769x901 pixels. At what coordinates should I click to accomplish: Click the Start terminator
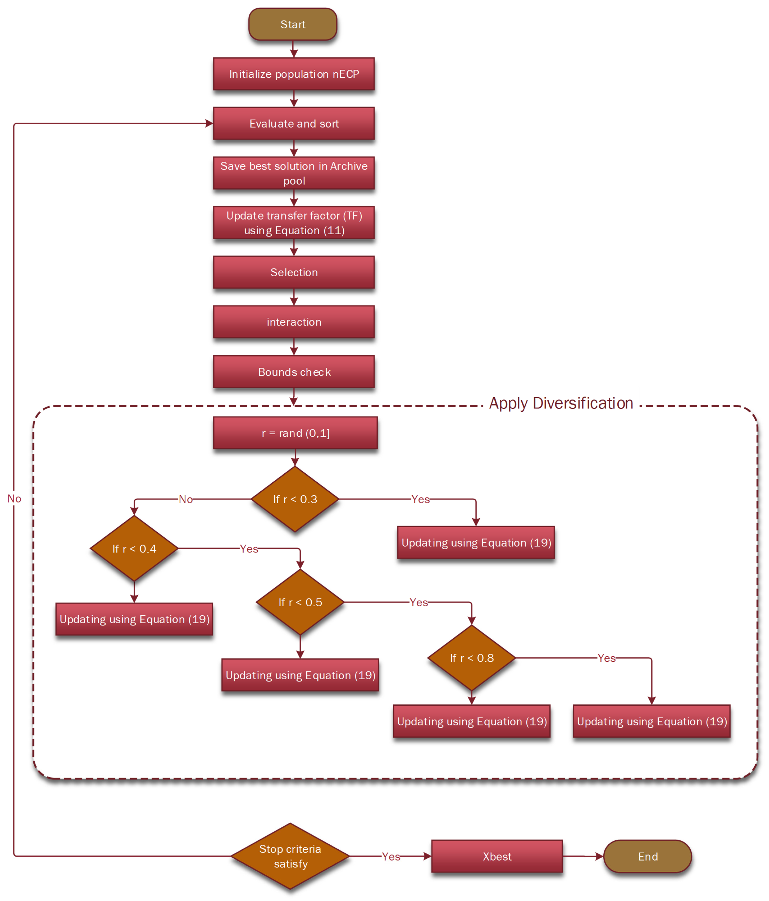point(293,24)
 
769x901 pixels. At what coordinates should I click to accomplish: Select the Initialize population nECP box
point(294,74)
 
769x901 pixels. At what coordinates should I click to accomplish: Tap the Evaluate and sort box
point(294,123)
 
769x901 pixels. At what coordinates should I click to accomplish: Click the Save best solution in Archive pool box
point(294,173)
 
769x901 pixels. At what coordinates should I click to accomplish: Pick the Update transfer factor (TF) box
point(294,223)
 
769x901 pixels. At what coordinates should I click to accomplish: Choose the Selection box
point(294,272)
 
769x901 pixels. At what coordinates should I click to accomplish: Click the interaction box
point(294,322)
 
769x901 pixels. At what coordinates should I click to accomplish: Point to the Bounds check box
point(294,372)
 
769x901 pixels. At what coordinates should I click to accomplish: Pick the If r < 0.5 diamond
point(300,602)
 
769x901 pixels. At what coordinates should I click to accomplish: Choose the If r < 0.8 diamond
point(471,658)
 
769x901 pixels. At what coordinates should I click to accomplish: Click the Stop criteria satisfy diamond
point(290,856)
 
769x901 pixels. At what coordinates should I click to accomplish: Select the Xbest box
point(497,856)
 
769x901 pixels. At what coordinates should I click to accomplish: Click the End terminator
point(648,856)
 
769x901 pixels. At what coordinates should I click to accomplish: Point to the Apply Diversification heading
point(561,403)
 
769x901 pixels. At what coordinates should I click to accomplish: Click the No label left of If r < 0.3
point(186,499)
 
